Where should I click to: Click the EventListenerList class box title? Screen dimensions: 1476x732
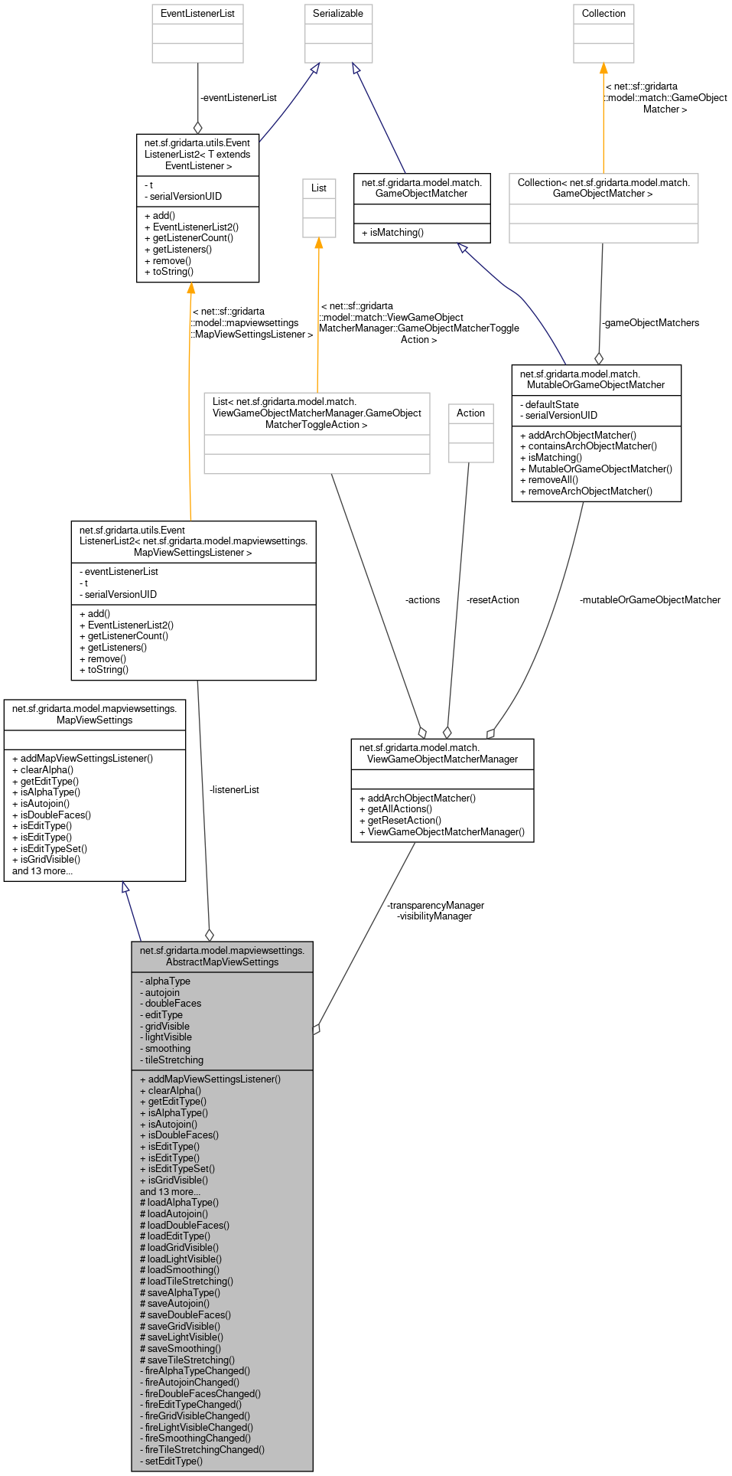tap(197, 14)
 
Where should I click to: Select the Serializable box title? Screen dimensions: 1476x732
tap(338, 14)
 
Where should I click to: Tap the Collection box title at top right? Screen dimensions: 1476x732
tap(603, 14)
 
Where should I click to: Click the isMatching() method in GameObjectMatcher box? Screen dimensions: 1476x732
tap(392, 233)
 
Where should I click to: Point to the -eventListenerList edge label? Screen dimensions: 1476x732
tap(238, 98)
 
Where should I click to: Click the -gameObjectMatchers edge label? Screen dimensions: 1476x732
tap(650, 323)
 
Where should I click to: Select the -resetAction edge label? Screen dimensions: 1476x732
tap(493, 600)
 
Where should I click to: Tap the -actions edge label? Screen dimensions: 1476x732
tap(422, 600)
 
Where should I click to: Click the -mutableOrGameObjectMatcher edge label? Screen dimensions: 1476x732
tap(649, 600)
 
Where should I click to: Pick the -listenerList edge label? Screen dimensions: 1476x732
tap(234, 790)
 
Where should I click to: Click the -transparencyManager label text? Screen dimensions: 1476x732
tap(435, 906)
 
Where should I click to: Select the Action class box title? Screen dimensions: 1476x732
tap(470, 413)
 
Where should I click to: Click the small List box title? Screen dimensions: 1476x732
tap(319, 188)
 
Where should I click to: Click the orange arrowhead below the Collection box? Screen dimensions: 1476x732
tap(603, 69)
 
